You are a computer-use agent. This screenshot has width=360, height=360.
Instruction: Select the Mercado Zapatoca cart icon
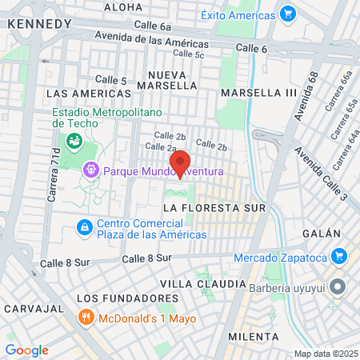339,257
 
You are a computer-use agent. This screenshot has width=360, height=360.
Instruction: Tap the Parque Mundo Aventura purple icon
90,170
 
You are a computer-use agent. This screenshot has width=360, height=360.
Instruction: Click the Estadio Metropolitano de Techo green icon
74,141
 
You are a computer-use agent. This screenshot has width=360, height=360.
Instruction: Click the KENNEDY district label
39,24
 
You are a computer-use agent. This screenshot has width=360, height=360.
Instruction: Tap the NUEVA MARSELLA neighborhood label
167,80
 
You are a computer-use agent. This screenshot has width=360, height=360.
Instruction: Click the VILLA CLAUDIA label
203,284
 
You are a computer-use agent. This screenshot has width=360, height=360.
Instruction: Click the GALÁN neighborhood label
322,233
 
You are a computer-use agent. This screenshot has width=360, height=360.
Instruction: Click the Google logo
26,350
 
